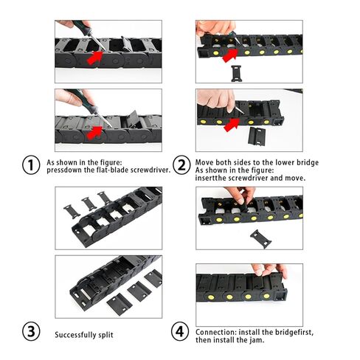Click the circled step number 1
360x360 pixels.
coord(30,165)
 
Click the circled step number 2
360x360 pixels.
coord(179,165)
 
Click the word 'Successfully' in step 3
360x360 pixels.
coord(75,335)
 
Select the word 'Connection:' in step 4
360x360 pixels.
coord(214,332)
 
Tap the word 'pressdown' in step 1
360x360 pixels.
coord(61,170)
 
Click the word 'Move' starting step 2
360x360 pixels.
coord(204,162)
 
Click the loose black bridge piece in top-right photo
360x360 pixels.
coord(236,72)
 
